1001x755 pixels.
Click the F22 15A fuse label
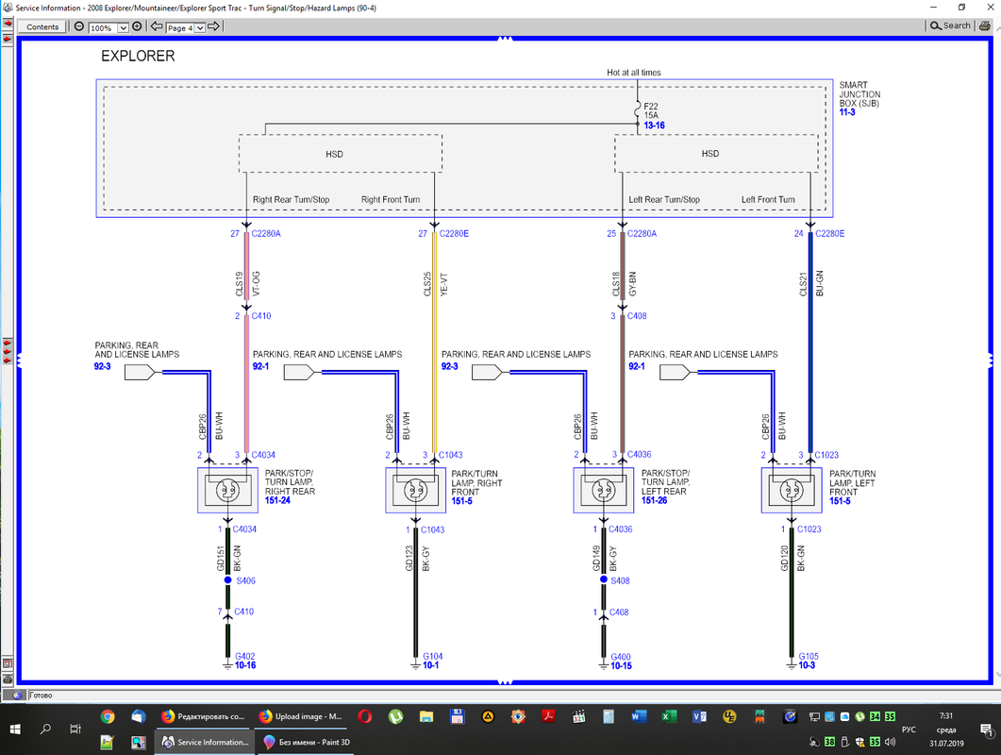652,109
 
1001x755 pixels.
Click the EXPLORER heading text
138,57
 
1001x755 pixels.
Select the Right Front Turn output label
391,200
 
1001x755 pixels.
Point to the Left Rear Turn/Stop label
664,200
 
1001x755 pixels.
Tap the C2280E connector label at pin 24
829,233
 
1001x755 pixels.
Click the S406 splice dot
227,580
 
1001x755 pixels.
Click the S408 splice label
619,580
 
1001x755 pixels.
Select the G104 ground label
433,656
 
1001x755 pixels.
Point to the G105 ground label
809,656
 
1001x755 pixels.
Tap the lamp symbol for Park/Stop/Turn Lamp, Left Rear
603,491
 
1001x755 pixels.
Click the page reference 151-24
277,501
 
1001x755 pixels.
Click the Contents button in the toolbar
42,26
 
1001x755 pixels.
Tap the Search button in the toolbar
951,25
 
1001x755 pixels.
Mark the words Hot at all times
634,73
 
